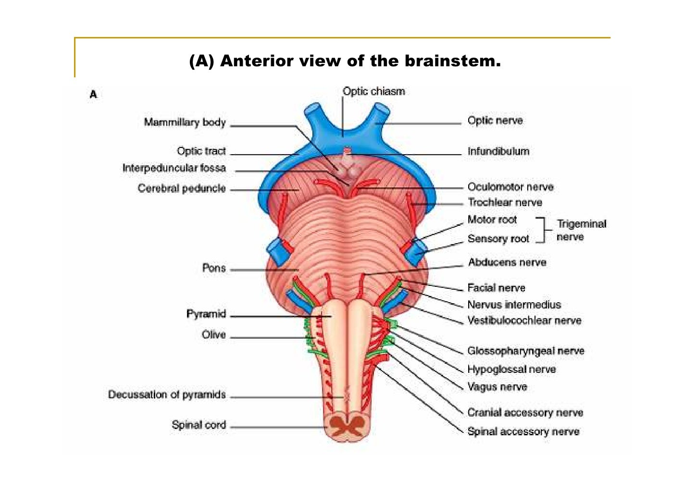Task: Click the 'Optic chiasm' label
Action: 373,91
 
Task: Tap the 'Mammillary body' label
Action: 185,123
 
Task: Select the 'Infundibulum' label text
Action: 498,151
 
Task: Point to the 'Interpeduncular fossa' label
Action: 174,168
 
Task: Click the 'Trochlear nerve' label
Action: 505,202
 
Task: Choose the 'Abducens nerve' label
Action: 507,262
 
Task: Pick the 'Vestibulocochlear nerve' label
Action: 524,320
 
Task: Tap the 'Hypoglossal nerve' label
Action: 511,369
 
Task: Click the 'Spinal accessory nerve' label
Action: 523,431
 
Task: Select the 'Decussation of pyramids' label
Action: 167,394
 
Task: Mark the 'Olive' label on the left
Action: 213,335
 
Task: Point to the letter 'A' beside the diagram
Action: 93,95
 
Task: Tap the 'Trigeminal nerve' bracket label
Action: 581,230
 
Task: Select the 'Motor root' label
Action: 492,220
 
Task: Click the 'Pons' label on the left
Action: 214,268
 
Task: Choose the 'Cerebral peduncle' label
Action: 181,188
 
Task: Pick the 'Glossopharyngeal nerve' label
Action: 526,351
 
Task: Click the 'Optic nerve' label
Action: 495,121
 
